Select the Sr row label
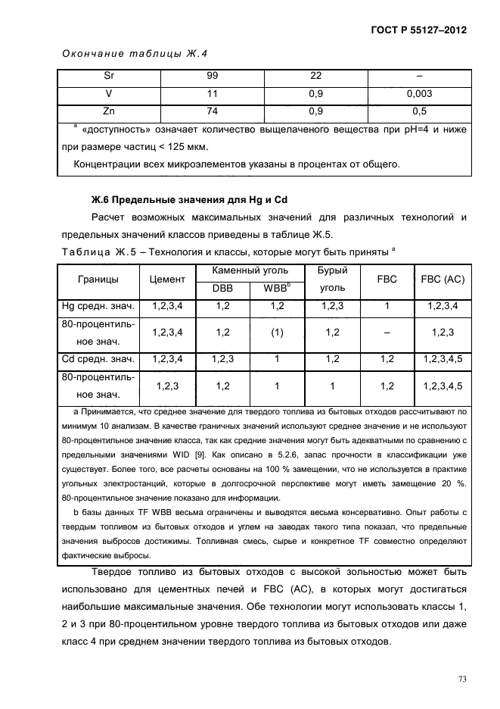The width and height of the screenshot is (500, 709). pos(108,77)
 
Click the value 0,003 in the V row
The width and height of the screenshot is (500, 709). pos(419,94)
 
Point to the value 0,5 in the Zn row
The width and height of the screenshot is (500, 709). pos(419,111)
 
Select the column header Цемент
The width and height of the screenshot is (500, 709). pos(167,280)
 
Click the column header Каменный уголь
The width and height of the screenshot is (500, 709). pos(247,270)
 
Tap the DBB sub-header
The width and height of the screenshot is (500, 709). pos(222,289)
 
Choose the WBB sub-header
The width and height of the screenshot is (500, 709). pos(276,289)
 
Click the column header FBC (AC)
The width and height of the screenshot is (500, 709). pos(443,280)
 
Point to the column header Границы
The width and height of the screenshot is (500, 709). pos(98,280)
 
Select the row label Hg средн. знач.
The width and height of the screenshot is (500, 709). pos(98,306)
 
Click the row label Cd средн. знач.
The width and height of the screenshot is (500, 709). pos(98,359)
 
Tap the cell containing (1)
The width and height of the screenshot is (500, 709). pos(276,333)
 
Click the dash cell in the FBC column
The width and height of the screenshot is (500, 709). pos(387,333)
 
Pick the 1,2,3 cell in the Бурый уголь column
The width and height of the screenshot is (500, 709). pos(332,306)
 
